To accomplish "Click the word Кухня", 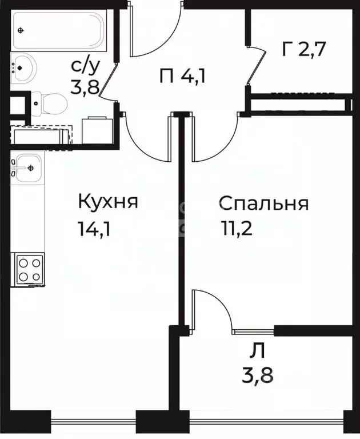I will [107, 202].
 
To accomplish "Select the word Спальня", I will [263, 203].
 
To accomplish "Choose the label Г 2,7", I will [303, 49].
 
